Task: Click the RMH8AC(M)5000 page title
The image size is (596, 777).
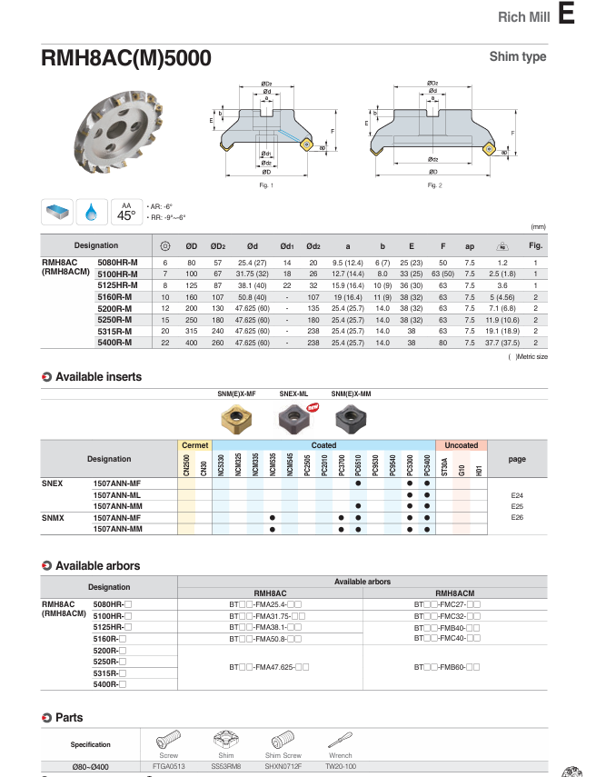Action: pos(126,58)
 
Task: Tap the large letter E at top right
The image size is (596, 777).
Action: pos(567,15)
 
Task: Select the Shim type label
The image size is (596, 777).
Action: pos(518,56)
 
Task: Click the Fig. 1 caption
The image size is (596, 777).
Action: pos(266,185)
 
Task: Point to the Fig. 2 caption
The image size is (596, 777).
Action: pos(434,185)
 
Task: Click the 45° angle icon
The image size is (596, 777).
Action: pos(126,212)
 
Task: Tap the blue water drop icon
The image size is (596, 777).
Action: pos(92,212)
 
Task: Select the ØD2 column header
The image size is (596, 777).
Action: pos(218,245)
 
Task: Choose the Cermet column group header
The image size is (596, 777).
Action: pos(194,445)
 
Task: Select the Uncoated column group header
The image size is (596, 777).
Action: pos(462,445)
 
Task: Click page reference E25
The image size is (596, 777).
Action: pos(517,506)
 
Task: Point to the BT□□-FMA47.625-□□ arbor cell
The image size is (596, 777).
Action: pos(270,668)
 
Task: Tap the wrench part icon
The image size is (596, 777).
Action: pos(340,740)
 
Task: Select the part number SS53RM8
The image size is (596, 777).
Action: pos(225,767)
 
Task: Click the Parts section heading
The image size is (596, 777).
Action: pos(69,718)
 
